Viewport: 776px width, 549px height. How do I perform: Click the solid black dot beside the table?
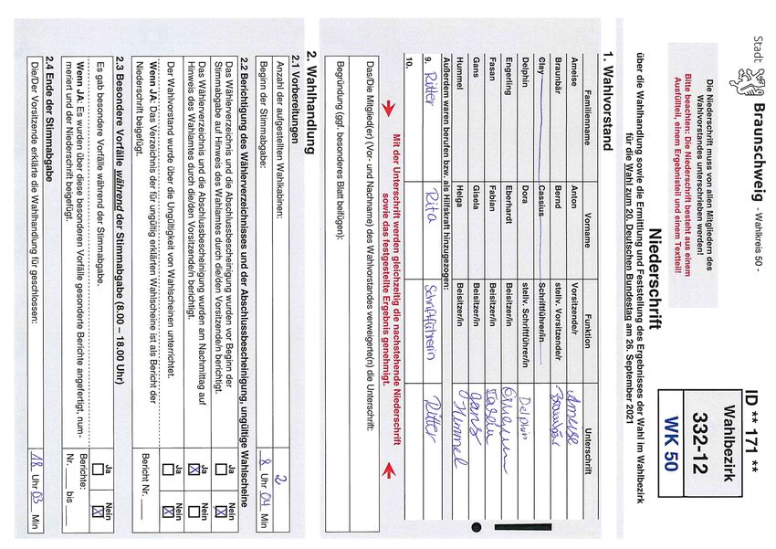[474, 527]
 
